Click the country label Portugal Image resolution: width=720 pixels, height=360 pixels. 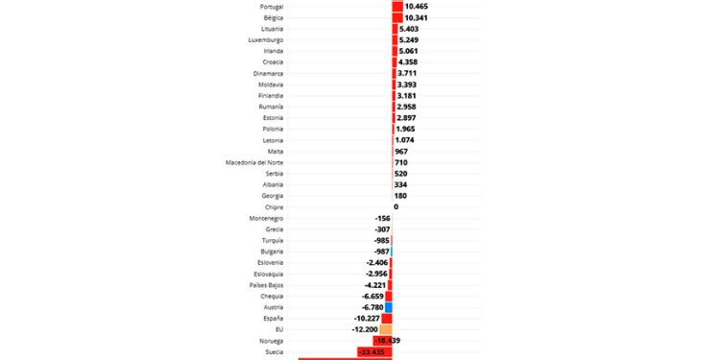(271, 7)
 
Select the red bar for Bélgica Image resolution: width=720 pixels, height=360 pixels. (397, 18)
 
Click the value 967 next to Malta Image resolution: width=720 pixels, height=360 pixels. (401, 152)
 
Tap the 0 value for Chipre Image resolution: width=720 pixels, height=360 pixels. (396, 206)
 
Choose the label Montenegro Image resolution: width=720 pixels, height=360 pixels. (266, 218)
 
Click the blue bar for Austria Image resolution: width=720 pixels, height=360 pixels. (388, 307)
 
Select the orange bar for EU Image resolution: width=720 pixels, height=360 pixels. (386, 329)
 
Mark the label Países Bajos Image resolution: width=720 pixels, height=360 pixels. (266, 285)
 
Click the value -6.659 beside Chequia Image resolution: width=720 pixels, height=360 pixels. (369, 296)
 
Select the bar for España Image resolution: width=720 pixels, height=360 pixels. (387, 318)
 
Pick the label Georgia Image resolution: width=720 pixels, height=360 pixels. (271, 196)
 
